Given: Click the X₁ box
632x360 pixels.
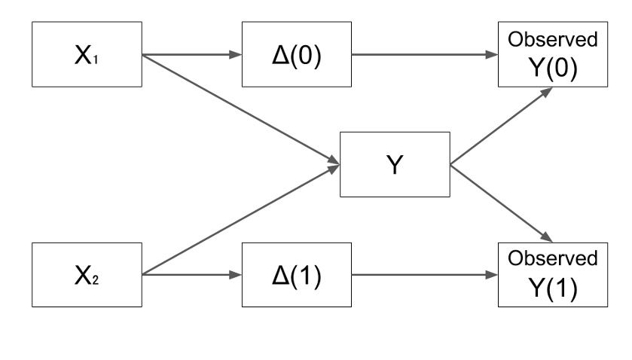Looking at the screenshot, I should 86,55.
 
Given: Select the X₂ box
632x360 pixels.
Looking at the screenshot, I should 86,276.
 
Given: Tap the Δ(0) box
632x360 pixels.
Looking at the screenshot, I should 295,55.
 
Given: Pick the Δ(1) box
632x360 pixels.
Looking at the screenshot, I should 295,276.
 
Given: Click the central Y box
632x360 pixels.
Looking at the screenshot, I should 395,165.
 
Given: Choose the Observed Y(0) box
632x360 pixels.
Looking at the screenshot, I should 553,55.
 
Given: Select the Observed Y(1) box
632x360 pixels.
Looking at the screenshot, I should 553,276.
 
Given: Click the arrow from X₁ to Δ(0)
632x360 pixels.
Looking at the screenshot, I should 191,55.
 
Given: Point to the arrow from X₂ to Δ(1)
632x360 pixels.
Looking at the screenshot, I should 191,276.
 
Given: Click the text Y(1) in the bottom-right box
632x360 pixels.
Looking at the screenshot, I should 553,288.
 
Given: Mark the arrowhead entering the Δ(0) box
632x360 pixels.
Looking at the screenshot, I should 235,55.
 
